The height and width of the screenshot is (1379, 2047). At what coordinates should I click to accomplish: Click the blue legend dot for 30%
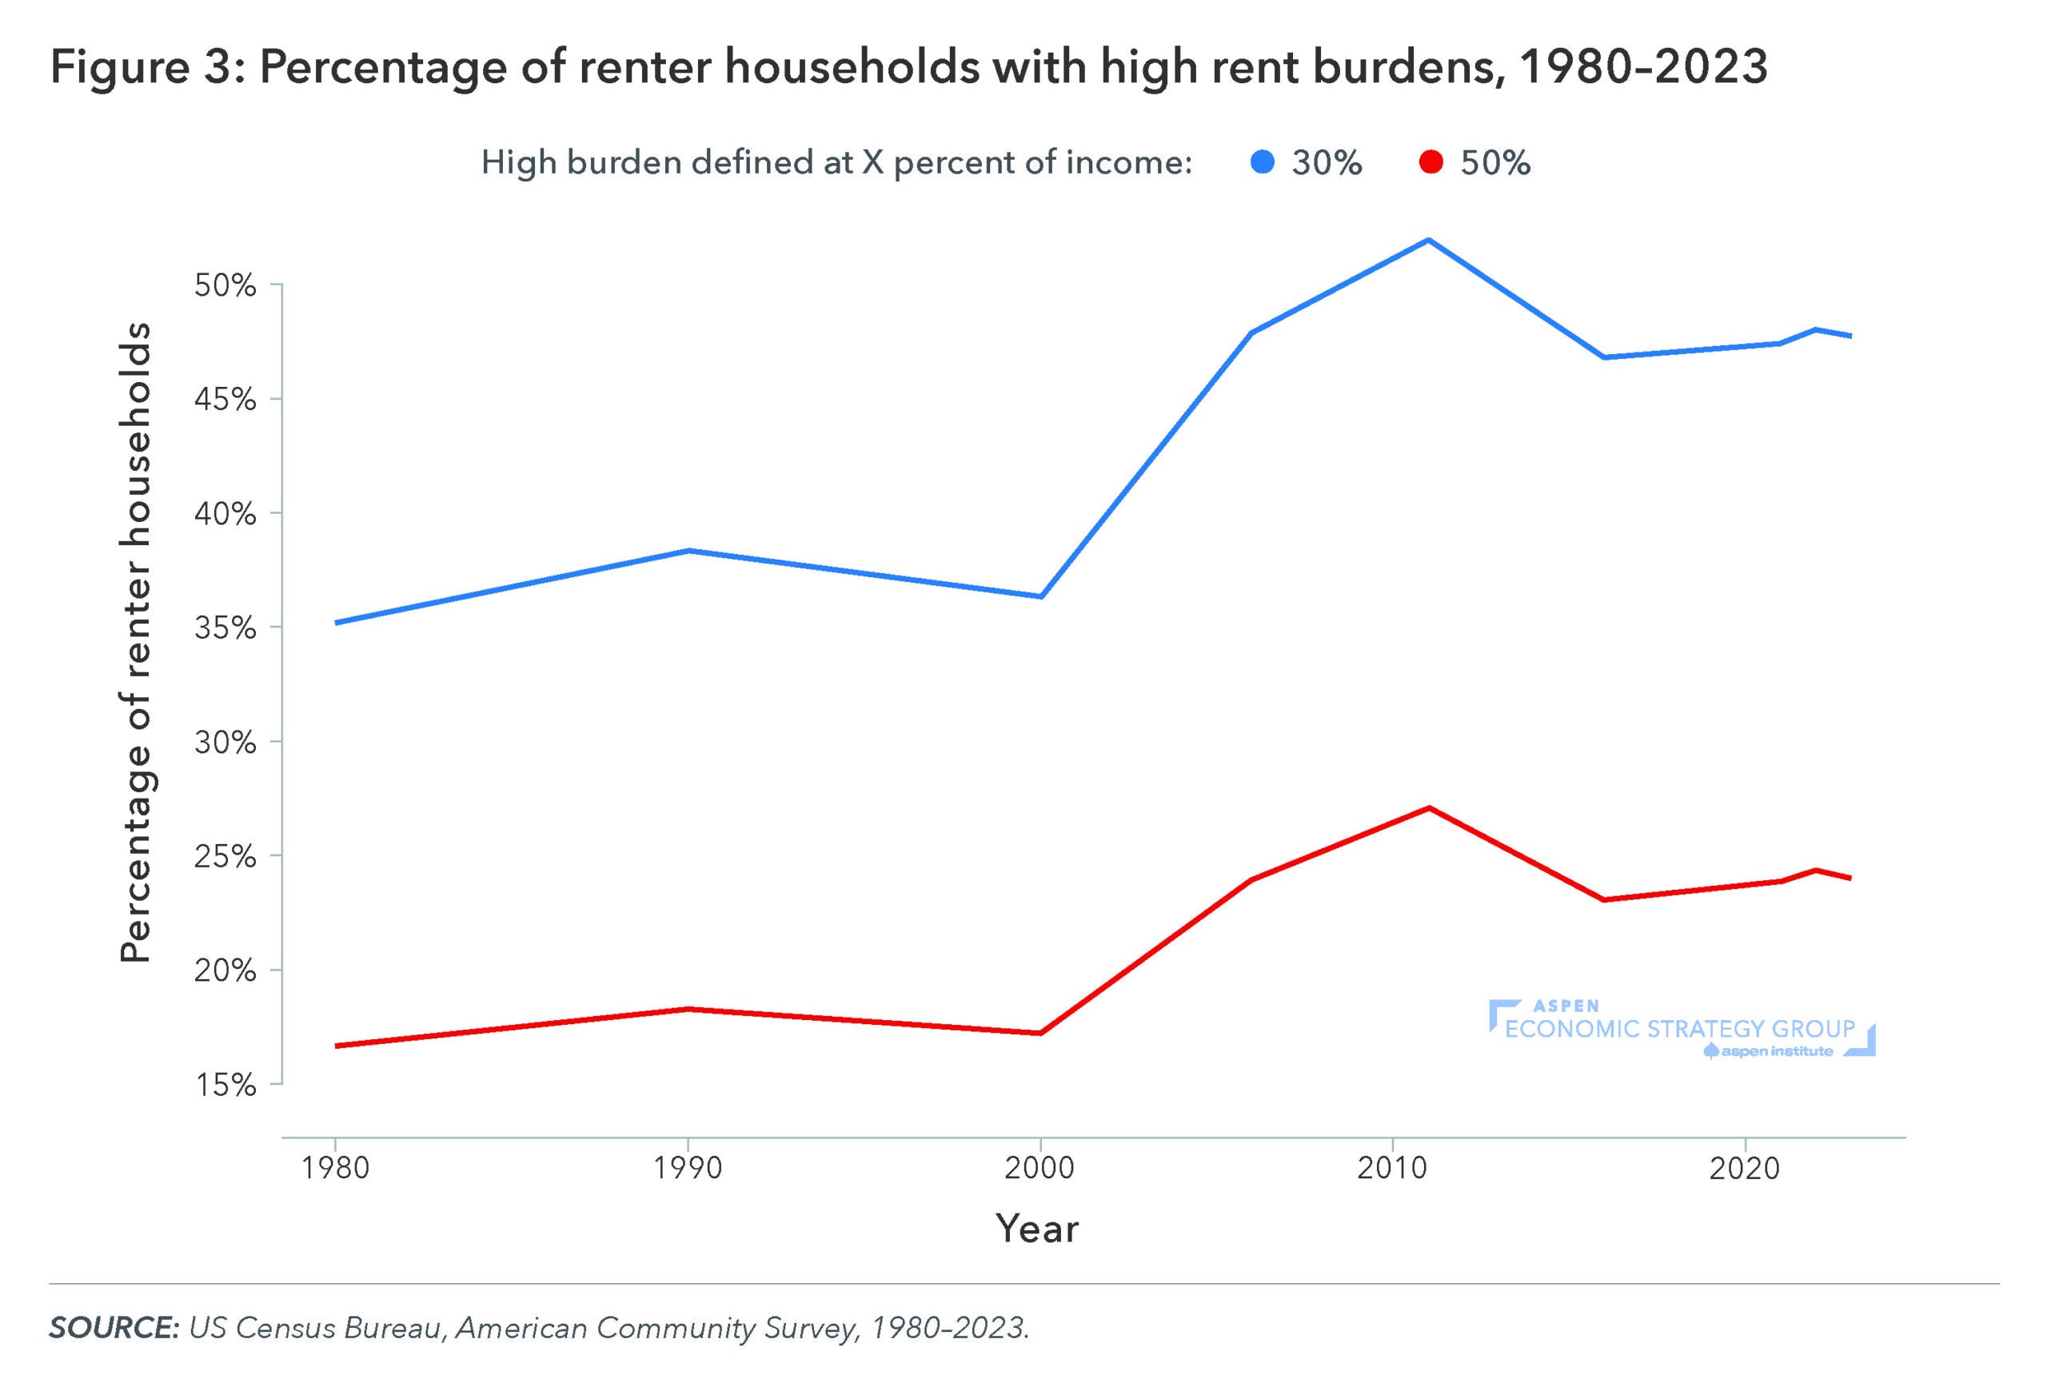(1262, 163)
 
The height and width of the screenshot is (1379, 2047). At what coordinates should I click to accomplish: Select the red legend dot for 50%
(1431, 163)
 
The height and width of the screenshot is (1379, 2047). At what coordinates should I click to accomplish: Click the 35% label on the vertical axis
(225, 628)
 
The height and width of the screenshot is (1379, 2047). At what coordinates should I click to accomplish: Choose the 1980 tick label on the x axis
(334, 1168)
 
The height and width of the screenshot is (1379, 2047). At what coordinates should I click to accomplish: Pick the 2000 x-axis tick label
(1039, 1168)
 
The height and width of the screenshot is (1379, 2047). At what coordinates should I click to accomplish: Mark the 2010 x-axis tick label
(1391, 1168)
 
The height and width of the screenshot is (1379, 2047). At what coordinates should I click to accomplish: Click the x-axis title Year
(1036, 1229)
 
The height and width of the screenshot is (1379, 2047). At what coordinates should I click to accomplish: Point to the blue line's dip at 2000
(1039, 596)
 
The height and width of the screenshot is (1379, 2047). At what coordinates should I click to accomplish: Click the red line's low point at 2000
(1039, 1033)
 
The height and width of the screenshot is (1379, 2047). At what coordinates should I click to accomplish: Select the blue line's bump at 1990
(688, 551)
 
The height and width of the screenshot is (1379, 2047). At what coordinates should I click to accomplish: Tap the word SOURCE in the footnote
(114, 1327)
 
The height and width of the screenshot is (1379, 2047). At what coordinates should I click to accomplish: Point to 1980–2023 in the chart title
(1643, 67)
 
